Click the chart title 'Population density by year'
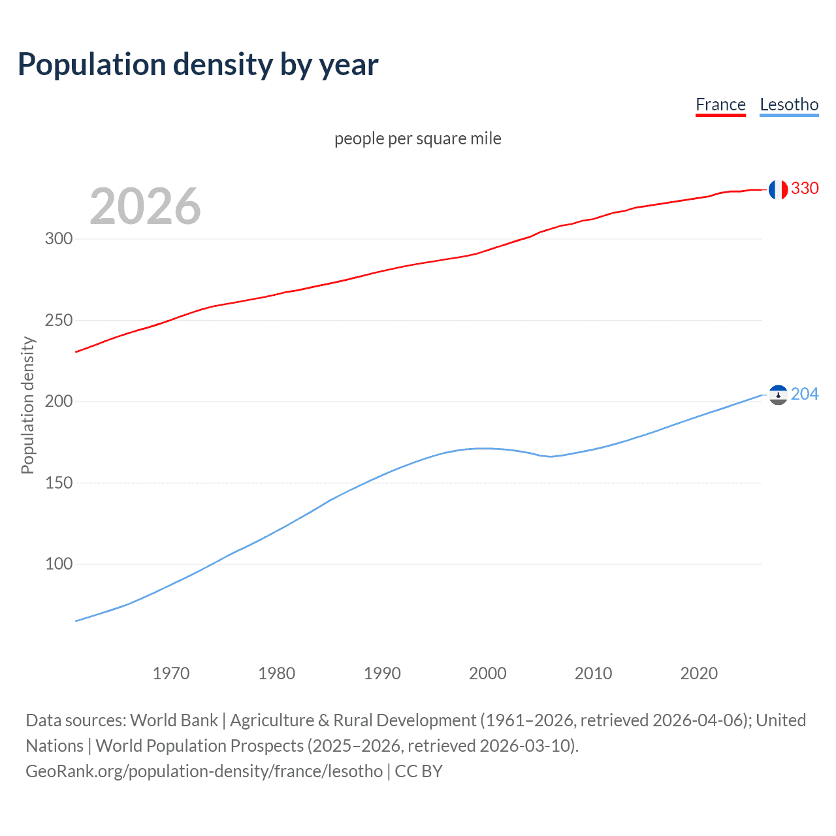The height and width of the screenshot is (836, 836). coord(198,65)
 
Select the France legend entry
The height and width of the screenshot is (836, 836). coord(720,104)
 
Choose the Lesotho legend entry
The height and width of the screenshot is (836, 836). coord(789,104)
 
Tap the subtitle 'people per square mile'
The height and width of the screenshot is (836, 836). coord(417,138)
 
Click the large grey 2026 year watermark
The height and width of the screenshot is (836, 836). coord(145,206)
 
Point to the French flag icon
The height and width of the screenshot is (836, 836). coord(778,189)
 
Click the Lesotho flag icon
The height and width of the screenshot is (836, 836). coord(778,394)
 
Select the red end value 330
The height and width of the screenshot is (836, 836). coord(805,189)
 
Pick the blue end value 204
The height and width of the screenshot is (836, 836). coord(805,394)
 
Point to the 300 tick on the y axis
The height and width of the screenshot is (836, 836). coord(59,239)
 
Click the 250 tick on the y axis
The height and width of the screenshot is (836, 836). coord(59,321)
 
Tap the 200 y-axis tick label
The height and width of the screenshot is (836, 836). coord(59,402)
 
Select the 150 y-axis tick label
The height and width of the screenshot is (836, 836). coord(59,483)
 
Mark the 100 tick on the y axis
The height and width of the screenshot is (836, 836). coord(59,564)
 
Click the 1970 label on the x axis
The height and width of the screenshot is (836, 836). coord(171,673)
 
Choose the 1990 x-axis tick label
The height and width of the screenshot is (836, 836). coord(382,673)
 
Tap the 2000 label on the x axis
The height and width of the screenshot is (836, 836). coord(488,673)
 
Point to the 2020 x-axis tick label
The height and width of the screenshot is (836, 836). coord(699,673)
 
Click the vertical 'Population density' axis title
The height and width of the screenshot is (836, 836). coord(27,405)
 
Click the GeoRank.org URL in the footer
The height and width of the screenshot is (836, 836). coord(204,771)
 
